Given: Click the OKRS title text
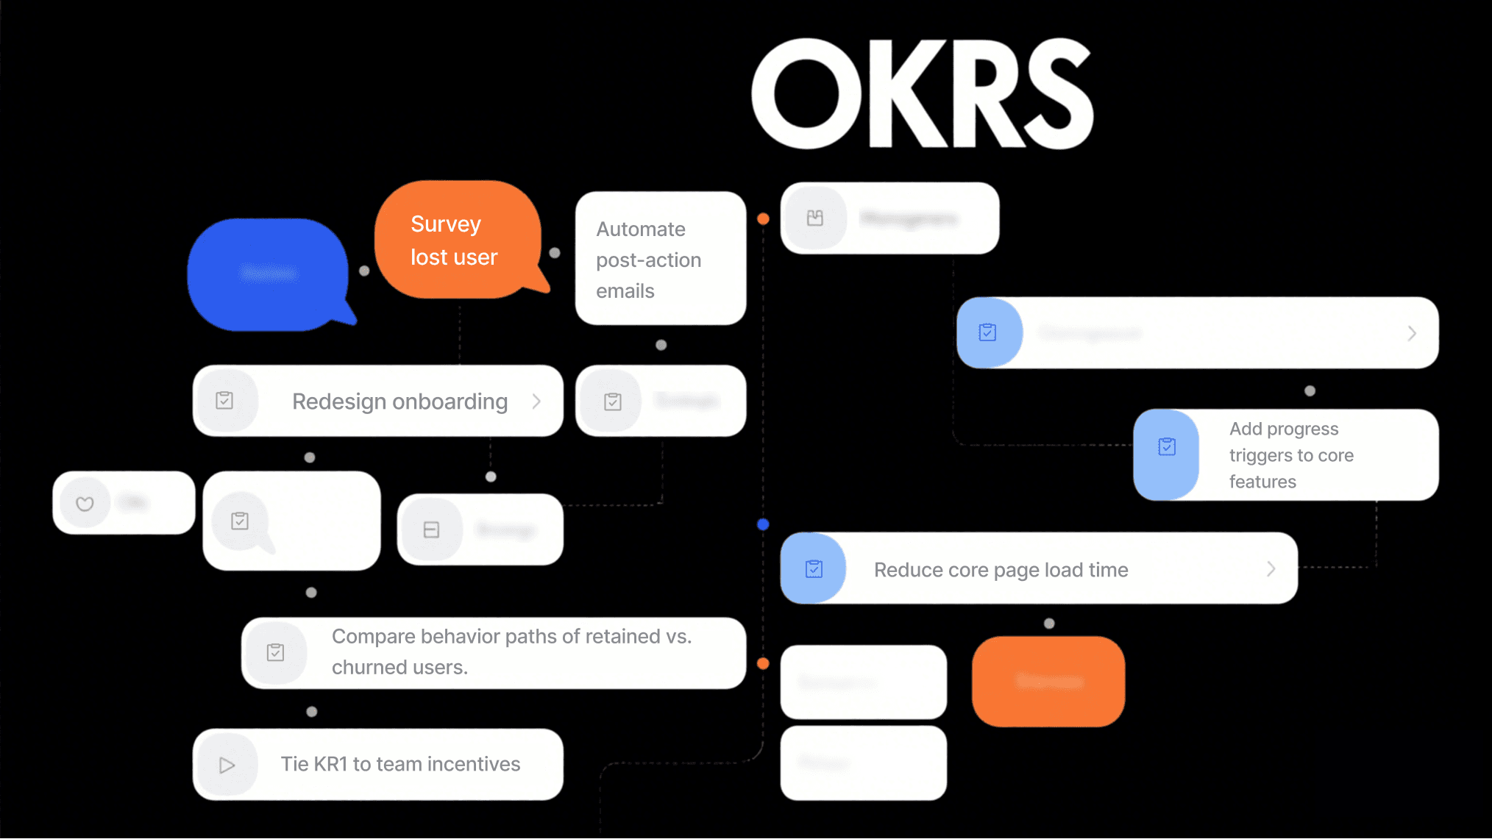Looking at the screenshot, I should (921, 94).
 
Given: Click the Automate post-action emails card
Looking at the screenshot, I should (660, 259).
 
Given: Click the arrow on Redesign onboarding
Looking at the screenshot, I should (537, 401).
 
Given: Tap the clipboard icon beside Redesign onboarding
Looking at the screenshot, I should (224, 401).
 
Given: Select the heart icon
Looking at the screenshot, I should (85, 504).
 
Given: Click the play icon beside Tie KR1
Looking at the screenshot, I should (227, 765).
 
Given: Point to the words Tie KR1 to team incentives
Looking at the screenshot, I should (400, 764).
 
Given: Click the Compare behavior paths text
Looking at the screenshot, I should (511, 651).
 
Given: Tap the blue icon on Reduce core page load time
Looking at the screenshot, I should (814, 568).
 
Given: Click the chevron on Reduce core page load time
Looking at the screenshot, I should (1271, 568).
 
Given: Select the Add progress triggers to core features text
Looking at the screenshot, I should (1291, 455).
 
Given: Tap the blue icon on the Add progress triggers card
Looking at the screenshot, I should (1167, 447).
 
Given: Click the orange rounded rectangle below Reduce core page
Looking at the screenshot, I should (1048, 682).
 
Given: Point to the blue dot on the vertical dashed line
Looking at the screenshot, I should (763, 524).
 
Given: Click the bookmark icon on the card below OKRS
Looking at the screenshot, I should (814, 218).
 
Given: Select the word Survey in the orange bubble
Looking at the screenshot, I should (446, 224).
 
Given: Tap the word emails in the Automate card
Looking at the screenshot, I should (625, 291).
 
